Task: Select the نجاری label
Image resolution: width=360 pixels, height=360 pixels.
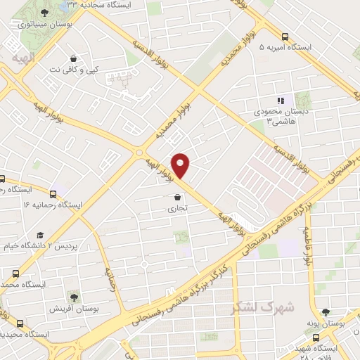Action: pyautogui.click(x=174, y=209)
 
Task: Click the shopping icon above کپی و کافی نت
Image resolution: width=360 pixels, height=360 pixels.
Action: pyautogui.click(x=75, y=59)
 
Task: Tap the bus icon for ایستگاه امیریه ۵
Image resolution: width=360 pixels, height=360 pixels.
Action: pyautogui.click(x=285, y=37)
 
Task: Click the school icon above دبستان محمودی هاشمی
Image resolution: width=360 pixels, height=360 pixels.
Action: pyautogui.click(x=279, y=101)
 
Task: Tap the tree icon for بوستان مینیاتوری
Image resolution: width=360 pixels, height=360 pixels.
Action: pyautogui.click(x=44, y=12)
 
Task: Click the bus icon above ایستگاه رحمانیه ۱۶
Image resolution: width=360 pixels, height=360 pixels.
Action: pyautogui.click(x=53, y=193)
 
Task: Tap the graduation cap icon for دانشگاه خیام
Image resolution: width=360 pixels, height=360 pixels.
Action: pyautogui.click(x=40, y=234)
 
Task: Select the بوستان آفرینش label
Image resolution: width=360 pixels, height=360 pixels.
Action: pyautogui.click(x=74, y=309)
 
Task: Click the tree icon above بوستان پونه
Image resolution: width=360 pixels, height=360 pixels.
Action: pyautogui.click(x=325, y=312)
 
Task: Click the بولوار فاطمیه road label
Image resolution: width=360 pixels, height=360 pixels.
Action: pyautogui.click(x=307, y=245)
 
